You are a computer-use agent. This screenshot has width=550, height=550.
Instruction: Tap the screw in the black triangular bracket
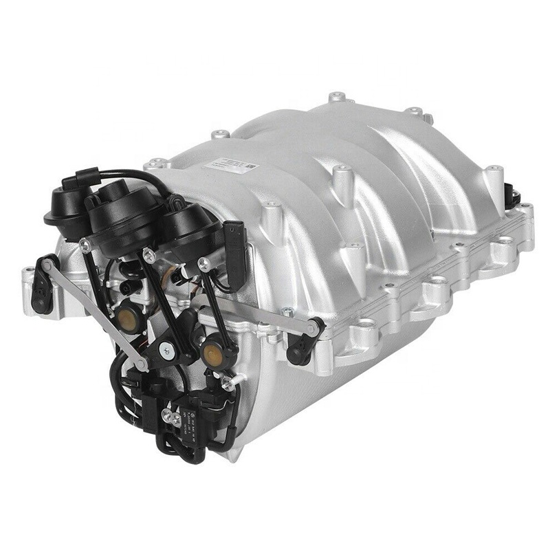[165, 349]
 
